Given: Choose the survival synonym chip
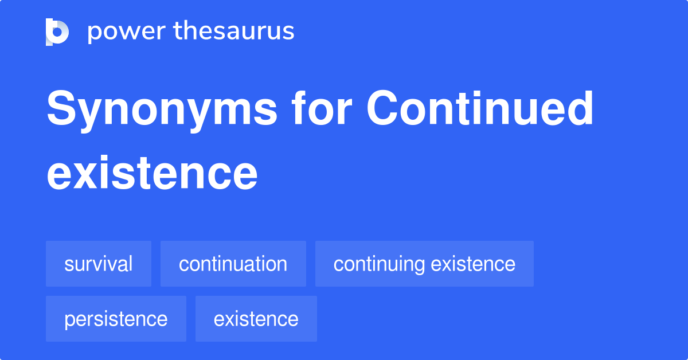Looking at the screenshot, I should coord(98,264).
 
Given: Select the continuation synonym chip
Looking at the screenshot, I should coord(233,264).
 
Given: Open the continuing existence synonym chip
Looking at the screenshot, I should coord(424,264).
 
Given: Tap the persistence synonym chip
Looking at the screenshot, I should coord(116,319).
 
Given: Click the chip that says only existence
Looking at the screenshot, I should coord(256,319).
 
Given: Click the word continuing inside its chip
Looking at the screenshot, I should coord(380,264).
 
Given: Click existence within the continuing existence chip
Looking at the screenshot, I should coord(473,264).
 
